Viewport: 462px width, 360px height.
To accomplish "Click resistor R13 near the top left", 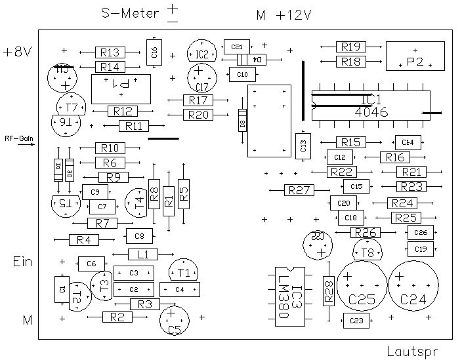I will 110,52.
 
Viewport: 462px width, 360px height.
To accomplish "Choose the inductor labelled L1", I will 143,254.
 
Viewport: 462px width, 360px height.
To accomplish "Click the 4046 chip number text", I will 371,112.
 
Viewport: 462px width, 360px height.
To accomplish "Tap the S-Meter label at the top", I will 130,12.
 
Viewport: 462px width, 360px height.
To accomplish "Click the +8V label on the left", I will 17,52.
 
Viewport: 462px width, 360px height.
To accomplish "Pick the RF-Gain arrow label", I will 18,139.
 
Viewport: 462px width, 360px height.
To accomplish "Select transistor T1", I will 184,270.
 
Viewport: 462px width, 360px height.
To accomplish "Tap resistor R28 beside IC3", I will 328,289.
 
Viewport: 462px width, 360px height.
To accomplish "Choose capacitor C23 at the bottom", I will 356,321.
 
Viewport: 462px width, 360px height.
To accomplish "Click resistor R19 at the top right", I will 351,47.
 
